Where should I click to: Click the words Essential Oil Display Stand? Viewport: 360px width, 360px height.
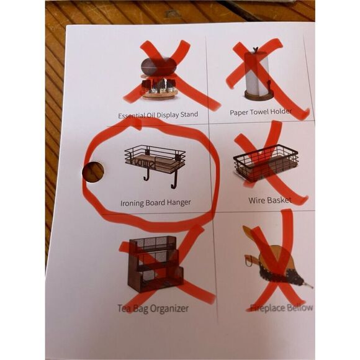pyautogui.click(x=158, y=115)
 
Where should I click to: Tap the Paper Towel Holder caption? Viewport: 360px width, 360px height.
pyautogui.click(x=261, y=112)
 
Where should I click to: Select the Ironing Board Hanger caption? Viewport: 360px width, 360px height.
pyautogui.click(x=156, y=203)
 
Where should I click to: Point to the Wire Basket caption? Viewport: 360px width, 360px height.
pyautogui.click(x=270, y=200)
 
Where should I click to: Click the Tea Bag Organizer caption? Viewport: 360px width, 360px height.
pyautogui.click(x=153, y=308)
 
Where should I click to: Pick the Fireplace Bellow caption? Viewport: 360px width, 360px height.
pyautogui.click(x=281, y=307)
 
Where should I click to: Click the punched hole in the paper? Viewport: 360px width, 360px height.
pyautogui.click(x=93, y=172)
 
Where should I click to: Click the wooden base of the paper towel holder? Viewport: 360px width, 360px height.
pyautogui.click(x=258, y=96)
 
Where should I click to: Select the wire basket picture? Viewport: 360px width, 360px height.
pyautogui.click(x=266, y=163)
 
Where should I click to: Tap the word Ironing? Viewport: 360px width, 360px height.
pyautogui.click(x=132, y=203)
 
